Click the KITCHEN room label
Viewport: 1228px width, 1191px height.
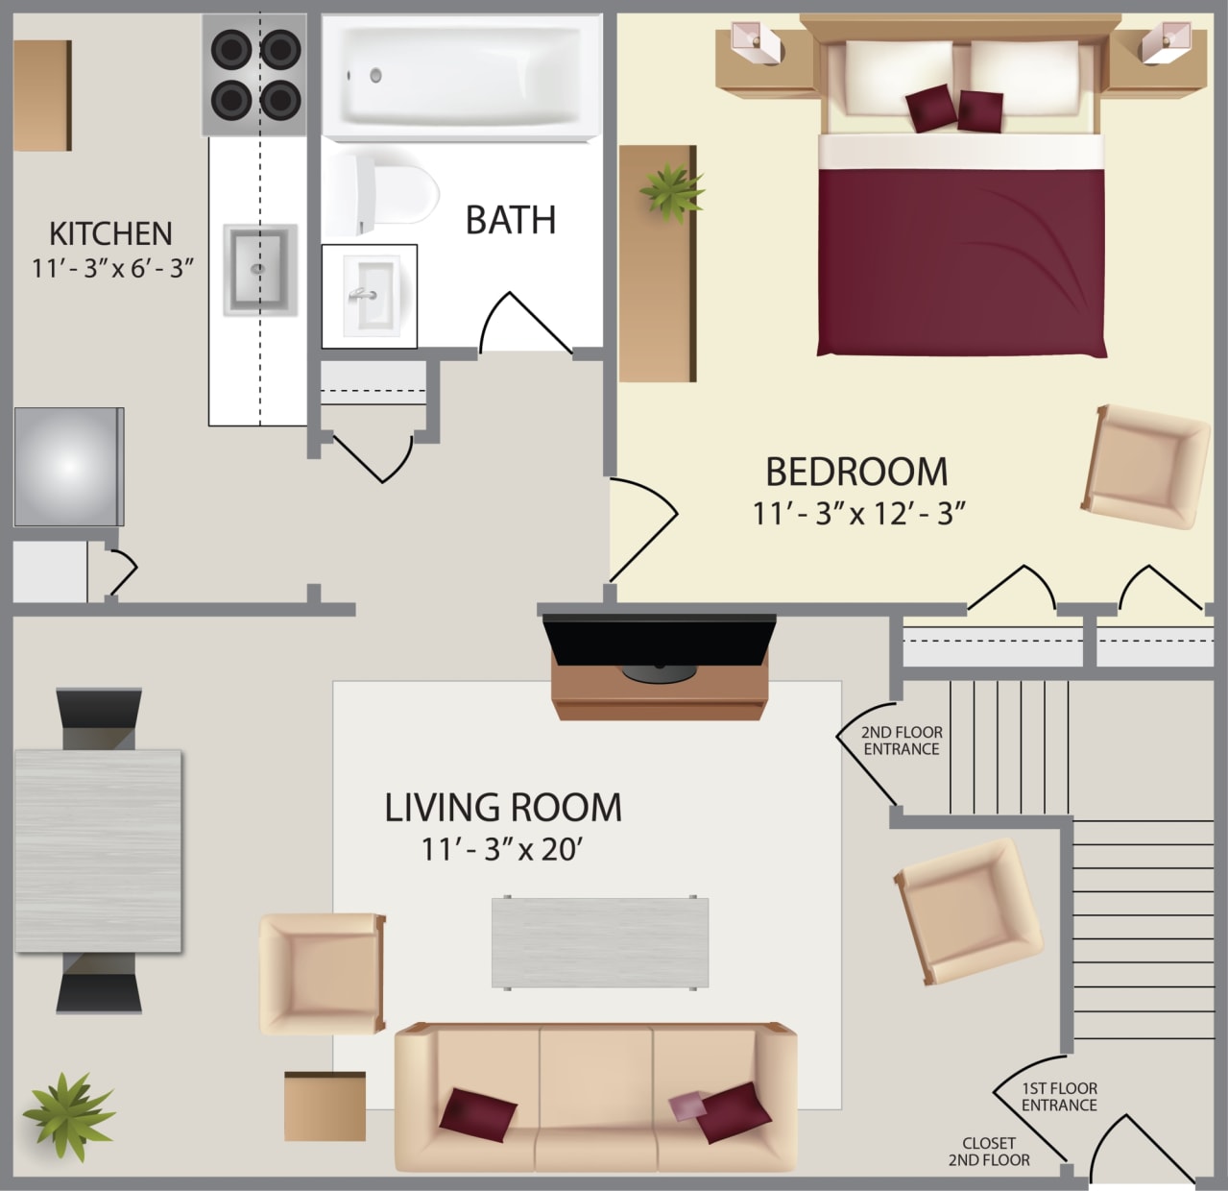(110, 233)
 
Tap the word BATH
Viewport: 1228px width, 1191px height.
(510, 220)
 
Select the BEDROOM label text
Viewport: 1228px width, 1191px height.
(855, 472)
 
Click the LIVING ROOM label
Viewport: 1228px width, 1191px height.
(503, 808)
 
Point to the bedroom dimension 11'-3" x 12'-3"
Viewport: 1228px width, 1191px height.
(857, 514)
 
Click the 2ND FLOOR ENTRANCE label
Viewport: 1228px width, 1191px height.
(902, 741)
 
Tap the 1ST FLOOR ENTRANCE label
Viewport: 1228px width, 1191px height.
(1059, 1097)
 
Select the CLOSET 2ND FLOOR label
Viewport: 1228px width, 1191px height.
(989, 1152)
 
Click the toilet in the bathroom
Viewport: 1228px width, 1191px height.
(381, 194)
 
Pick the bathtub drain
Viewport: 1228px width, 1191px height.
(375, 74)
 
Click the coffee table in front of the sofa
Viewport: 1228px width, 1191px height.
(600, 942)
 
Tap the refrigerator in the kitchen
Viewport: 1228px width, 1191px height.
(68, 467)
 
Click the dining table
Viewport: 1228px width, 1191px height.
(99, 850)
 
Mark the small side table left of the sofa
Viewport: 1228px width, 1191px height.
(325, 1106)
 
